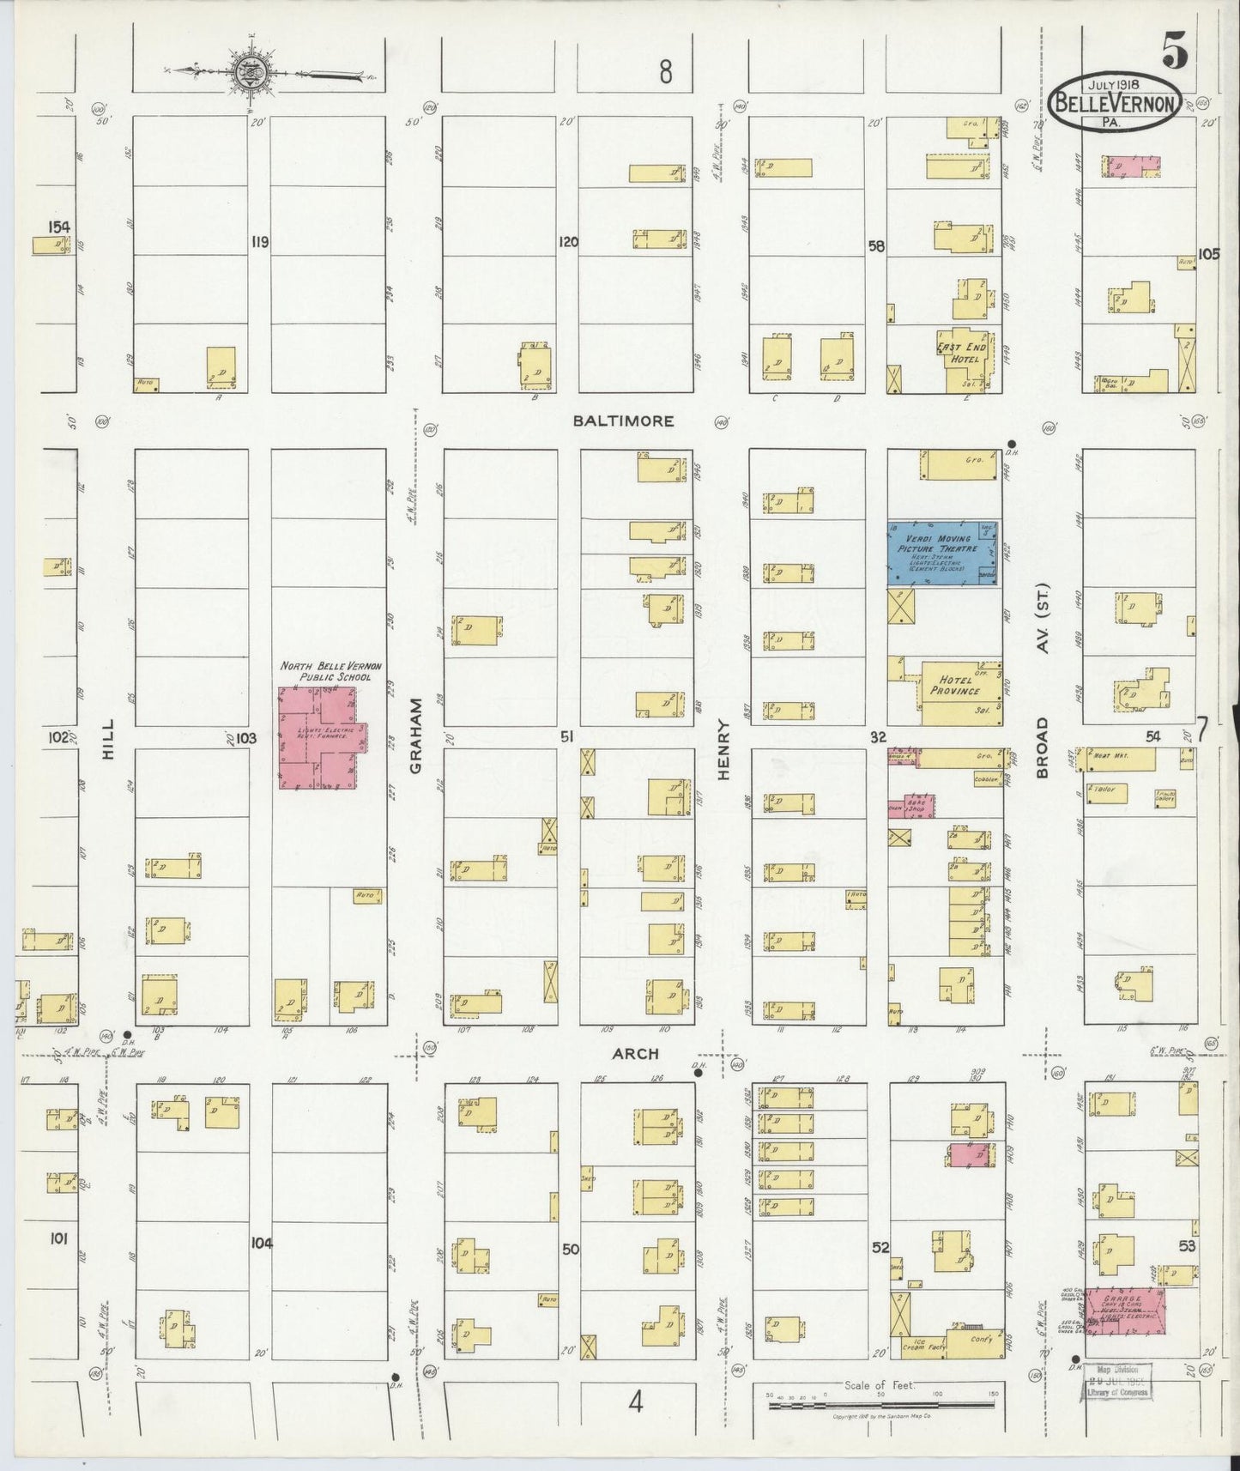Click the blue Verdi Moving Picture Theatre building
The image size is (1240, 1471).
(x=942, y=554)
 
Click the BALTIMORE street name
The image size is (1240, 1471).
(x=624, y=421)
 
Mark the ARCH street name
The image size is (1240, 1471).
(x=636, y=1053)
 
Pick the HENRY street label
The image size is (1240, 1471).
(x=723, y=749)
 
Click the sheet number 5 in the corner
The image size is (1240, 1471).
(x=1175, y=53)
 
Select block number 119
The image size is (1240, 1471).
(x=260, y=243)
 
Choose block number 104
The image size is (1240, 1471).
(x=261, y=1243)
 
